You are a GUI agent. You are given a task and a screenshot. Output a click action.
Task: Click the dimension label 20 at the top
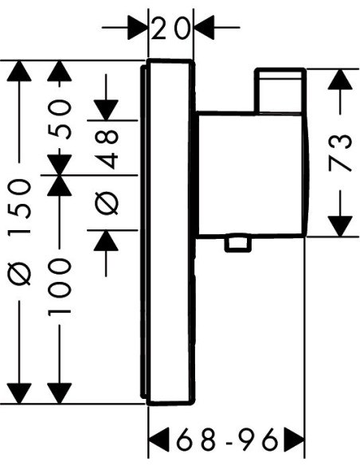coord(170,28)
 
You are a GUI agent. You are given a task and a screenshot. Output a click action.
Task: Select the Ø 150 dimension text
coord(20,232)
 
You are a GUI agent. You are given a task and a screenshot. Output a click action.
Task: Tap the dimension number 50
coord(60,119)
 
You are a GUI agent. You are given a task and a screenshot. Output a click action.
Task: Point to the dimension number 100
coord(60,287)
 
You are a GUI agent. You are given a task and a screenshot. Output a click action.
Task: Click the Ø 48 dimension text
coord(107,172)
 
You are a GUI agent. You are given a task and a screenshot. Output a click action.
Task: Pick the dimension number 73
coord(340,153)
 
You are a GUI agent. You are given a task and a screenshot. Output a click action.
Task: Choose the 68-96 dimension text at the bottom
coord(227,439)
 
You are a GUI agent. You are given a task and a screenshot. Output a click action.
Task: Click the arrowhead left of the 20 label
coord(138,28)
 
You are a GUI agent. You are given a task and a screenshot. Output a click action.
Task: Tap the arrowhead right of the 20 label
coord(204,28)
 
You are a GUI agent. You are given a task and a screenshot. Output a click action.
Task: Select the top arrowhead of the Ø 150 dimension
coord(19,71)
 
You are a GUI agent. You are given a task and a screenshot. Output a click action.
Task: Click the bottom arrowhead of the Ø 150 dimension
coord(19,393)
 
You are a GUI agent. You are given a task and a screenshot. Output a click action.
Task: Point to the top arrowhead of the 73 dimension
coord(340,79)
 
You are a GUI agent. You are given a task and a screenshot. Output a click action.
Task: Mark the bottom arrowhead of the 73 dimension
coord(340,227)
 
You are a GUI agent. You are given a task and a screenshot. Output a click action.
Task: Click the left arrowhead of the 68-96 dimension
coord(158,440)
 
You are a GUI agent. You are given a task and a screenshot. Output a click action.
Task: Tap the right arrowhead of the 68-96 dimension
coord(294,440)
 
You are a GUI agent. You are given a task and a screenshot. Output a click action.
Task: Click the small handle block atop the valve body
coord(280,90)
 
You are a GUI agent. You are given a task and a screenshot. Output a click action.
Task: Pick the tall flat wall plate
coord(168,232)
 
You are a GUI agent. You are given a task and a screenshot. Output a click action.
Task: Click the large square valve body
coord(252,174)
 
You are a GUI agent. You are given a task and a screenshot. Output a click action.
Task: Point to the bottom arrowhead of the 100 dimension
coord(60,393)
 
